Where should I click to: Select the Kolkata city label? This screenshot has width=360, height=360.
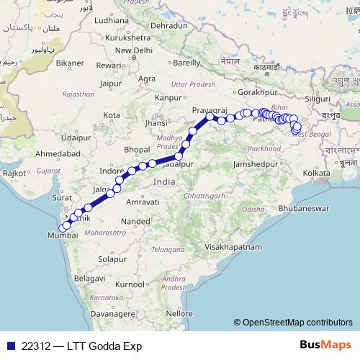tap(317, 173)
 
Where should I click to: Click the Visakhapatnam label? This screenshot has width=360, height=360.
tap(231, 246)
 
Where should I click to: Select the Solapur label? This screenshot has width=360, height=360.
tap(112, 258)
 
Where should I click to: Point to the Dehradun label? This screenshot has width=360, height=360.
tap(170, 24)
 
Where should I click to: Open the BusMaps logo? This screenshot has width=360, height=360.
tap(326, 346)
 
